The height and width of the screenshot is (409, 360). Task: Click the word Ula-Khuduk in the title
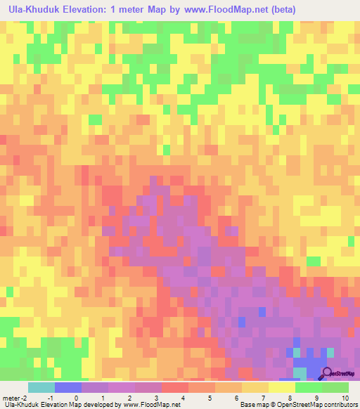pos(33,10)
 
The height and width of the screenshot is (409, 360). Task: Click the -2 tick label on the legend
pos(25,398)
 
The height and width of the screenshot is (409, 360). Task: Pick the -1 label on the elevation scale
pos(49,398)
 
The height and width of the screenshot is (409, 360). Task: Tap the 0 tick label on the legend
pos(76,398)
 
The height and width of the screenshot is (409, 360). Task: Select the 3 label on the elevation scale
pos(157,398)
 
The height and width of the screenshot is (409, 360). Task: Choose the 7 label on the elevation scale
pos(264,398)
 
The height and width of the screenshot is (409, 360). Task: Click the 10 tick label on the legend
pos(344,398)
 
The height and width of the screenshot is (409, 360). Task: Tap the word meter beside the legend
pos(11,398)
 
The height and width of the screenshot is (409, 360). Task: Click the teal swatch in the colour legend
pos(41,387)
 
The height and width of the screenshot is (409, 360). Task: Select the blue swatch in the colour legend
pos(67,387)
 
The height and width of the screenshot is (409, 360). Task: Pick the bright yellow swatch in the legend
pos(281,387)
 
